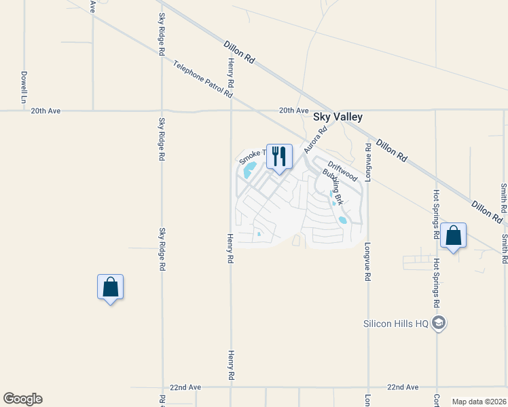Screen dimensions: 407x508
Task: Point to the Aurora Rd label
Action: coord(316,139)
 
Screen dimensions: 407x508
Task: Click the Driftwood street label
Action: coord(342,170)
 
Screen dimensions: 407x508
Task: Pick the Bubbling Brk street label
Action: coord(333,187)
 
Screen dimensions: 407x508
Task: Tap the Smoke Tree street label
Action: coord(252,158)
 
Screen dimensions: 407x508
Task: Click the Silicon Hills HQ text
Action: coord(396,324)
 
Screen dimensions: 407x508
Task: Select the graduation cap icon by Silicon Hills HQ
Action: coord(439,323)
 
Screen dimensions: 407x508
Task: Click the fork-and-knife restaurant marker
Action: coord(279,157)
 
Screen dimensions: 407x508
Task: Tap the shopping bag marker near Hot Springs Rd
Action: coord(453,235)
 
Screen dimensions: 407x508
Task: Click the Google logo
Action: coord(22,399)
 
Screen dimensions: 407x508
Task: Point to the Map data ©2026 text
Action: coord(478,402)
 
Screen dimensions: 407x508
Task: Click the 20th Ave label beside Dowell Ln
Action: coord(46,111)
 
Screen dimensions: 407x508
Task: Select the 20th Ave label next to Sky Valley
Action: coord(293,111)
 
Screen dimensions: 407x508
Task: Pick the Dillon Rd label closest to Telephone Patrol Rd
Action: coord(239,52)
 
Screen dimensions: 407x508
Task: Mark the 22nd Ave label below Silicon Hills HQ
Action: coord(403,387)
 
